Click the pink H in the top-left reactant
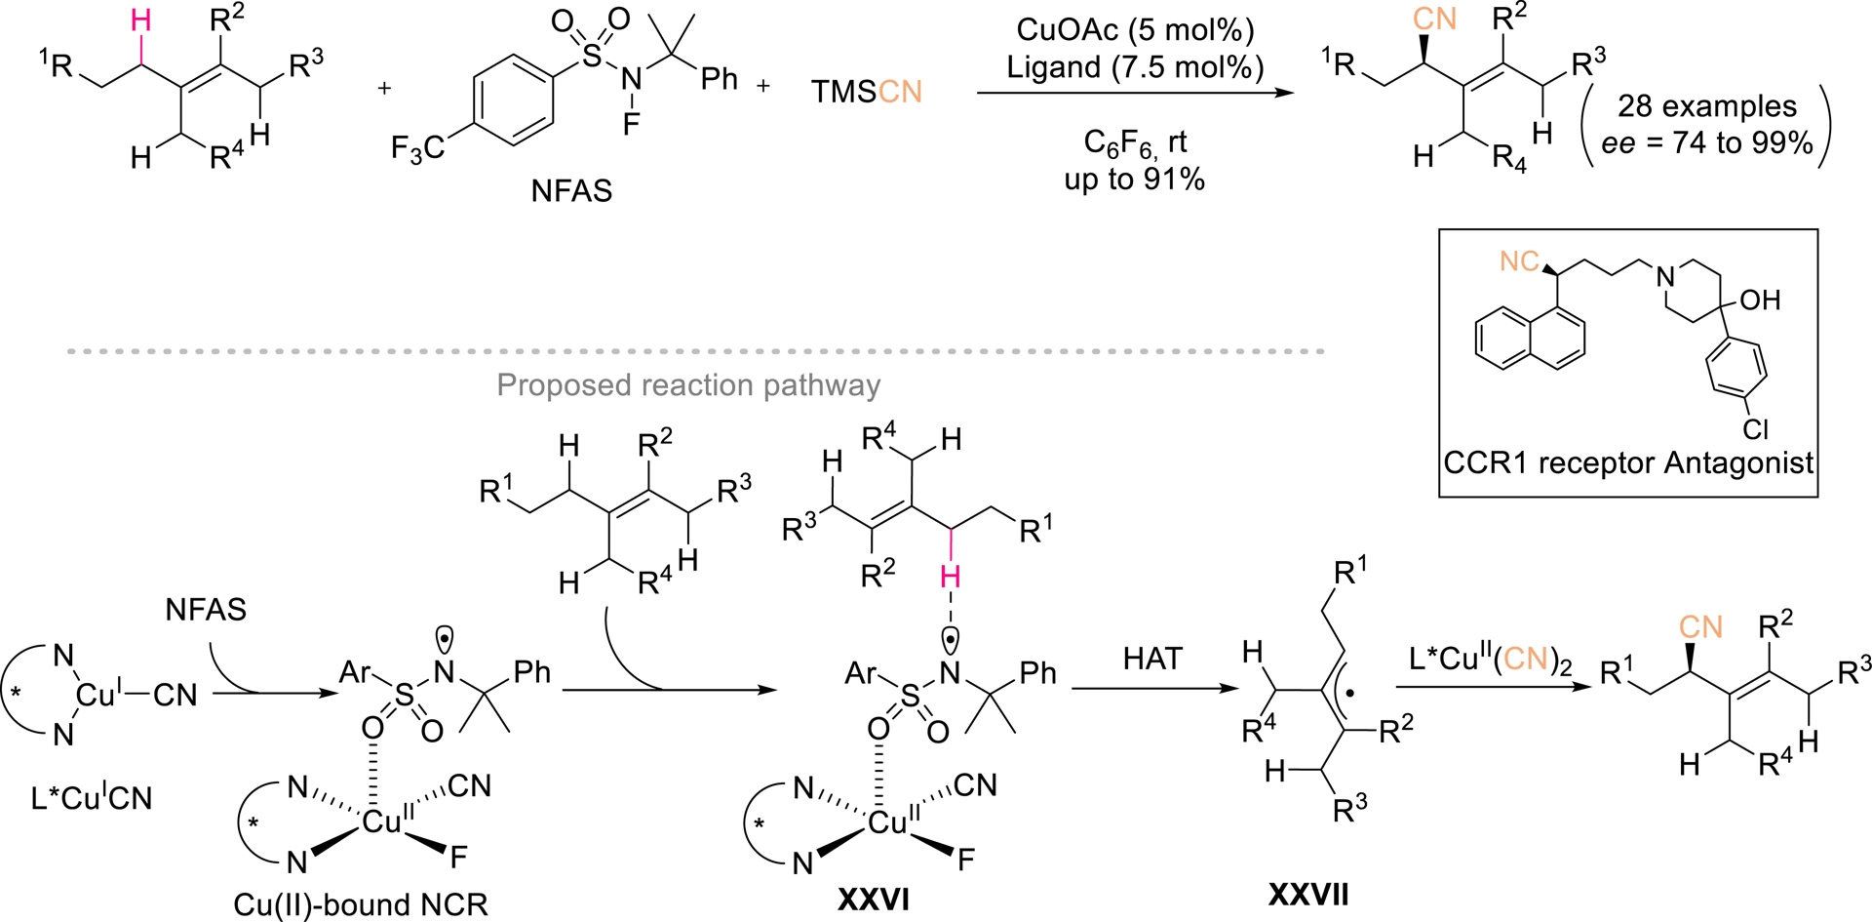141,20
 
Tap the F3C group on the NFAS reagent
416,149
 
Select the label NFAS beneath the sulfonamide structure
571,190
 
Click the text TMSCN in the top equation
866,92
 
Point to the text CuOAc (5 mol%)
1135,29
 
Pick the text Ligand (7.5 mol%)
1135,66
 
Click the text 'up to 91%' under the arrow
1135,180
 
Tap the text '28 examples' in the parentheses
1706,106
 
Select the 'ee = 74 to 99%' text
1706,143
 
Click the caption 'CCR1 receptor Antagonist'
1628,462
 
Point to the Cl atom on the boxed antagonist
1756,429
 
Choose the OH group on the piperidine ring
1760,300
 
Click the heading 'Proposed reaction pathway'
688,385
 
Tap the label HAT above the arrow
1151,659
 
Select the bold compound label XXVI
874,899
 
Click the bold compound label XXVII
1308,893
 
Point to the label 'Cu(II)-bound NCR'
361,904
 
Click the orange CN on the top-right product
1434,20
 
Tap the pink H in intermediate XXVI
950,578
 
